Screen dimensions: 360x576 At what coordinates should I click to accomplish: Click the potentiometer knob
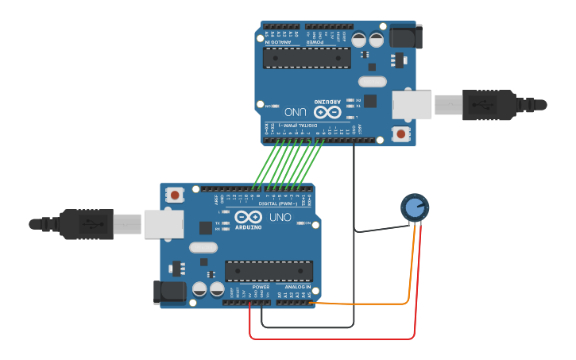click(414, 208)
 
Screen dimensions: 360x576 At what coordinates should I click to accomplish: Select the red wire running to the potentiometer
click(334, 339)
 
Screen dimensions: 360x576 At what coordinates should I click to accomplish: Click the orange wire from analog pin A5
click(365, 304)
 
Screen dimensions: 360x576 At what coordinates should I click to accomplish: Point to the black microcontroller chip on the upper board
click(307, 58)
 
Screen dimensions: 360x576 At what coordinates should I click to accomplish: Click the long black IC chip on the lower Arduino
click(269, 271)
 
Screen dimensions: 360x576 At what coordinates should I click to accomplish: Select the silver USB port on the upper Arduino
click(412, 105)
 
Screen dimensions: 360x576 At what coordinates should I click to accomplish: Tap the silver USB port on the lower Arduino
click(164, 224)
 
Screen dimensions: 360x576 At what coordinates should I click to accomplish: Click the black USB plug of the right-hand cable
click(489, 105)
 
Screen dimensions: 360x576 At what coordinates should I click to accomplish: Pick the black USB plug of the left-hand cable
click(86, 224)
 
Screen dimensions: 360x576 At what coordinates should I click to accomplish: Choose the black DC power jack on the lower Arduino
click(170, 292)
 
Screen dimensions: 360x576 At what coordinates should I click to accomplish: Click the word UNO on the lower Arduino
click(280, 217)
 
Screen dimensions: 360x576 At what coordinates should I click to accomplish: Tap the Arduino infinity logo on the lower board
click(248, 217)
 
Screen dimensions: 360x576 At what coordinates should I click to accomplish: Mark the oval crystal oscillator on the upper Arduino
click(372, 81)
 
